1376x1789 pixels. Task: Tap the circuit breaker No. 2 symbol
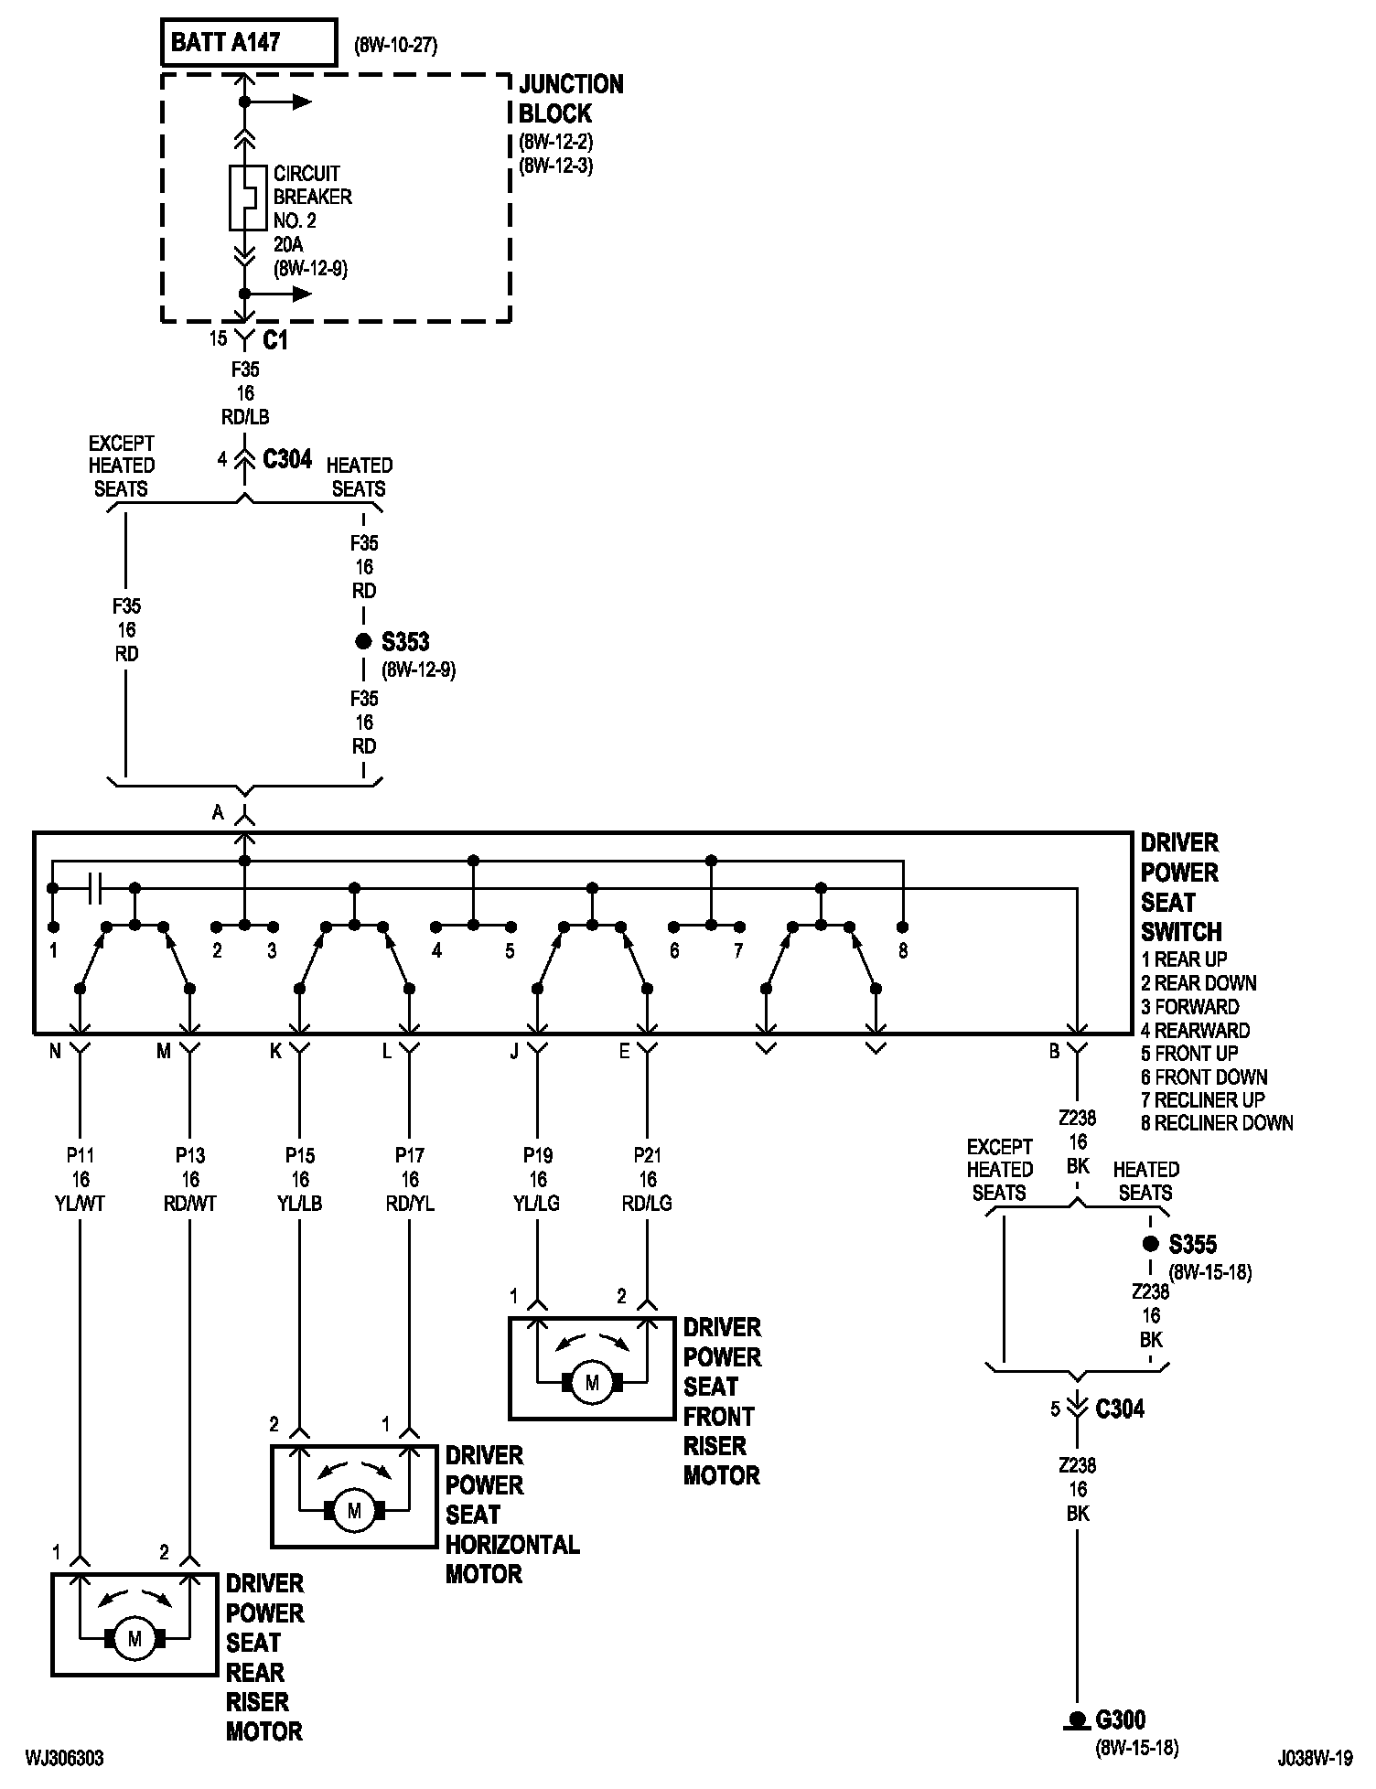[x=244, y=198]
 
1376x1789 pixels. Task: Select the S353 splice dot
[x=363, y=641]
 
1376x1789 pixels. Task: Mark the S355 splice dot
[x=1150, y=1244]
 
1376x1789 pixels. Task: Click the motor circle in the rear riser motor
[x=134, y=1639]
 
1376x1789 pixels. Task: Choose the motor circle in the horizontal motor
[x=354, y=1511]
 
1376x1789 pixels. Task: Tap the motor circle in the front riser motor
[x=592, y=1383]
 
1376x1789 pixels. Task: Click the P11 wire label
[x=81, y=1155]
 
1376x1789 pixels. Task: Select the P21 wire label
[x=648, y=1155]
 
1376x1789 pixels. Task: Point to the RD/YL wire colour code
[x=410, y=1204]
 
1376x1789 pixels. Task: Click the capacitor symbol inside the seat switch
[x=94, y=888]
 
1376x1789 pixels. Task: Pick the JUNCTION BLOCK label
[x=571, y=99]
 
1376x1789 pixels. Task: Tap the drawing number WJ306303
[x=64, y=1758]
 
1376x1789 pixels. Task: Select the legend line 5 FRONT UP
[x=1191, y=1053]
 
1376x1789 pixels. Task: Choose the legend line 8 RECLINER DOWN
[x=1217, y=1123]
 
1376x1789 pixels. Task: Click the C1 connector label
[x=275, y=340]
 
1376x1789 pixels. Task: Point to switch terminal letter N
[x=55, y=1052]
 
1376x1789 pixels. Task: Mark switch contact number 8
[x=903, y=951]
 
